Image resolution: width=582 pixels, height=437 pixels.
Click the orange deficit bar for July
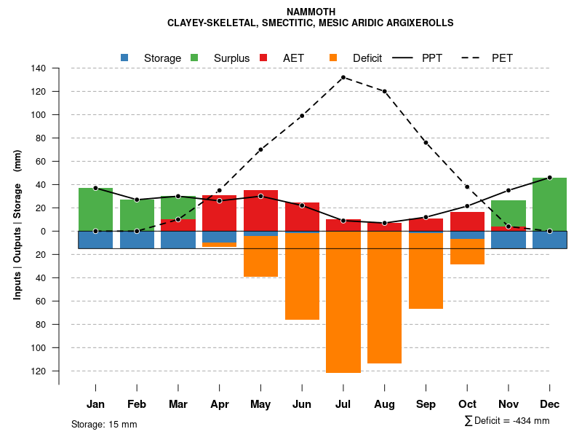pos(343,302)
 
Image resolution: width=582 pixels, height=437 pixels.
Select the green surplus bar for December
pos(549,204)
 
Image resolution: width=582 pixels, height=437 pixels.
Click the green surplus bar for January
pos(95,209)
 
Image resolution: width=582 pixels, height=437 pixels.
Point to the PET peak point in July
pos(343,77)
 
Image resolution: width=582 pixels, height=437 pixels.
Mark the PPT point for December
pos(549,178)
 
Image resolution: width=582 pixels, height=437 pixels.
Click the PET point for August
pos(384,91)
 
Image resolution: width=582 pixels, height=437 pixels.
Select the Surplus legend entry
pos(222,58)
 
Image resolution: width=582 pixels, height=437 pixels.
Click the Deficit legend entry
pos(357,58)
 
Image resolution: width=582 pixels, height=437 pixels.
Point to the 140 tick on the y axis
pos(39,68)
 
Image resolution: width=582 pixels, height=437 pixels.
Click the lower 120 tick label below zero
pos(39,371)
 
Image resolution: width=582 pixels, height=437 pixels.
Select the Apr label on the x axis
pos(219,404)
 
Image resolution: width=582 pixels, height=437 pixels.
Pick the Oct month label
pos(467,404)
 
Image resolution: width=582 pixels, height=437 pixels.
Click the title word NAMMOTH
pos(311,12)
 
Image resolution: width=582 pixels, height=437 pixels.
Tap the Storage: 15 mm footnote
pos(104,424)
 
